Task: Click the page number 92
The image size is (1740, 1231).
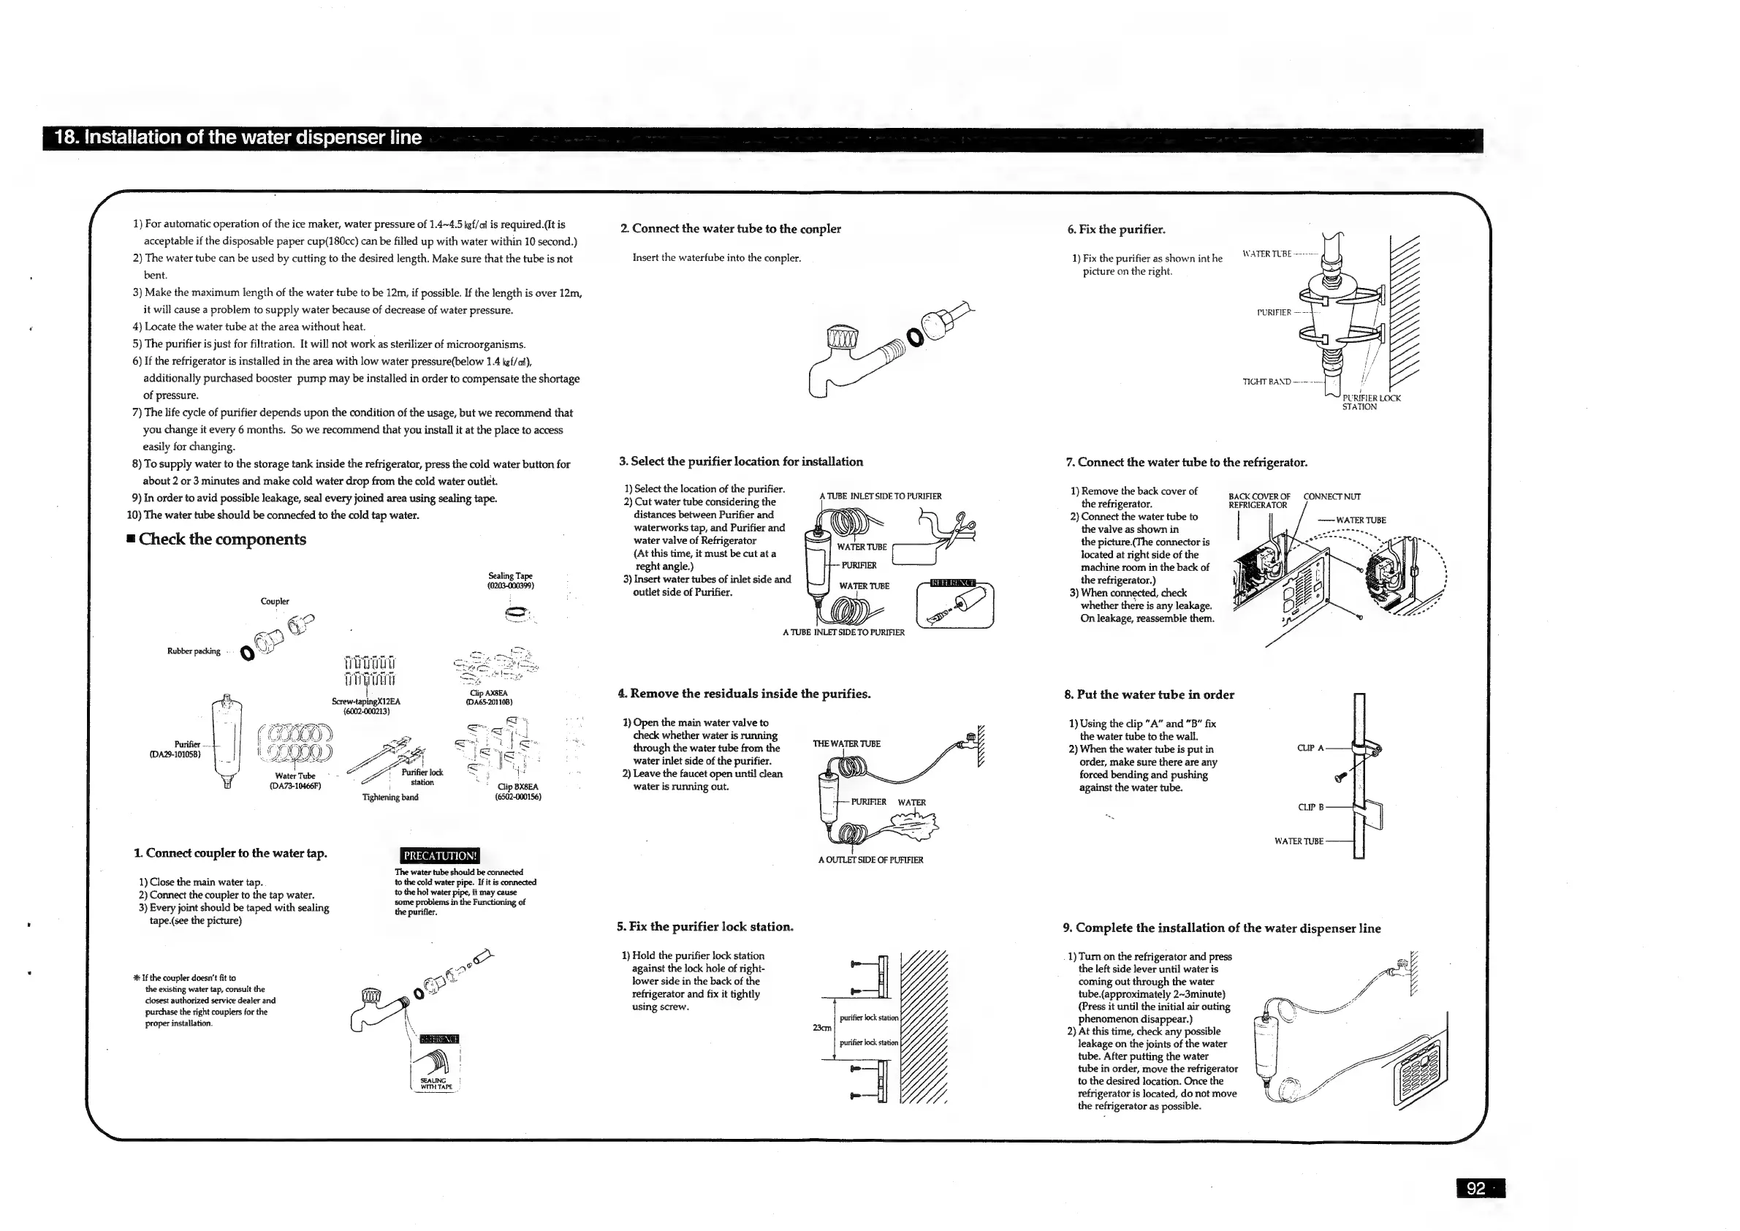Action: (1475, 1188)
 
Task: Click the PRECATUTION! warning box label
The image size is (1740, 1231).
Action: (439, 856)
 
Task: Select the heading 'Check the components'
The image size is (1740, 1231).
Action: (222, 539)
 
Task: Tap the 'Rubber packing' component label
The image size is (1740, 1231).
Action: (194, 651)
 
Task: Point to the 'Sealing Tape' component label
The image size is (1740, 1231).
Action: (510, 580)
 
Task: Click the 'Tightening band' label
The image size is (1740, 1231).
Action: (390, 797)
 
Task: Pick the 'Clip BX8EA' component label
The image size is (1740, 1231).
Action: (518, 792)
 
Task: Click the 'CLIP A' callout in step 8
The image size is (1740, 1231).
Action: (1310, 748)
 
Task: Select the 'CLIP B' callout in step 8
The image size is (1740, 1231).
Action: (1310, 807)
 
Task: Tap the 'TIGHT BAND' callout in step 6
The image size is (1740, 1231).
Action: (1266, 382)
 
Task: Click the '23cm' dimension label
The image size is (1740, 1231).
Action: (821, 1028)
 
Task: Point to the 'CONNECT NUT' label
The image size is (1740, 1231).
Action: (1331, 496)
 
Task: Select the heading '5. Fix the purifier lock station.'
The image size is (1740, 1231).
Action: (704, 926)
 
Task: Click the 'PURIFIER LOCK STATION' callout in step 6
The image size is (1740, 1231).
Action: (1370, 403)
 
